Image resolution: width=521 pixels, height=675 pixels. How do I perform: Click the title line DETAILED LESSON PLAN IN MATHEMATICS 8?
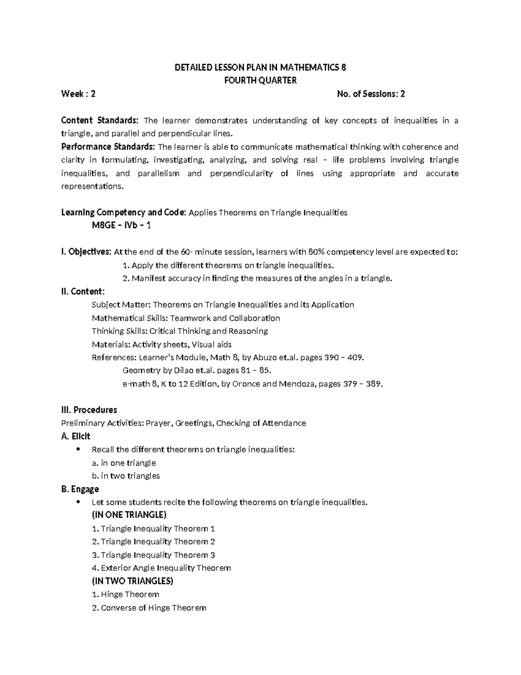[260, 67]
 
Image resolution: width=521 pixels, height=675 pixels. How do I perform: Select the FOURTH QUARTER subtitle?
[260, 80]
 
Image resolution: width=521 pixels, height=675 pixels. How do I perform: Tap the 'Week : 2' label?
[78, 94]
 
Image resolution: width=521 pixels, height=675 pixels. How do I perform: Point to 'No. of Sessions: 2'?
[371, 94]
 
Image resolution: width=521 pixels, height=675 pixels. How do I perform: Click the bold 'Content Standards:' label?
[100, 120]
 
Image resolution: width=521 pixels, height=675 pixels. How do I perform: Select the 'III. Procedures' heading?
[89, 410]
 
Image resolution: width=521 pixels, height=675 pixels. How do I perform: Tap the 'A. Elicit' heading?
[76, 436]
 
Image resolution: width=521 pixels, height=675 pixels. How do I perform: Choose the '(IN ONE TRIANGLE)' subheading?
[129, 515]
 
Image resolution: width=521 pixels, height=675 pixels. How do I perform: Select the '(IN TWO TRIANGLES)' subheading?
[132, 581]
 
